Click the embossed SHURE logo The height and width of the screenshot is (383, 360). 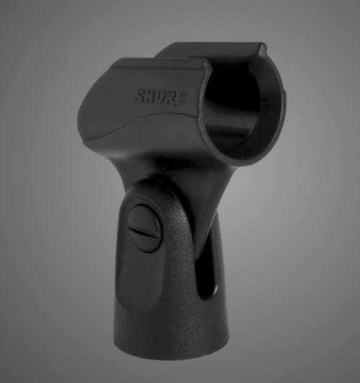point(161,96)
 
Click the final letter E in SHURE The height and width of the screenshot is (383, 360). point(180,97)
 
